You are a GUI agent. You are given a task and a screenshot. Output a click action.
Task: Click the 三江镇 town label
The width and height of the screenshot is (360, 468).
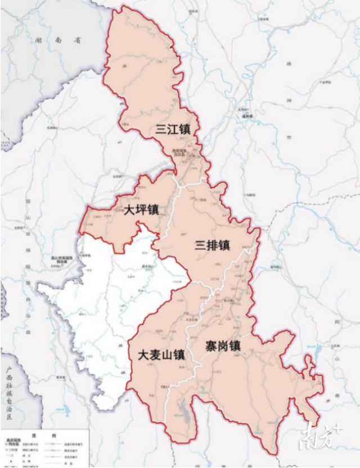173,129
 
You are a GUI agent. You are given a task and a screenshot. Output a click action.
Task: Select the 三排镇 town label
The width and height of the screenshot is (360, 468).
212,246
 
